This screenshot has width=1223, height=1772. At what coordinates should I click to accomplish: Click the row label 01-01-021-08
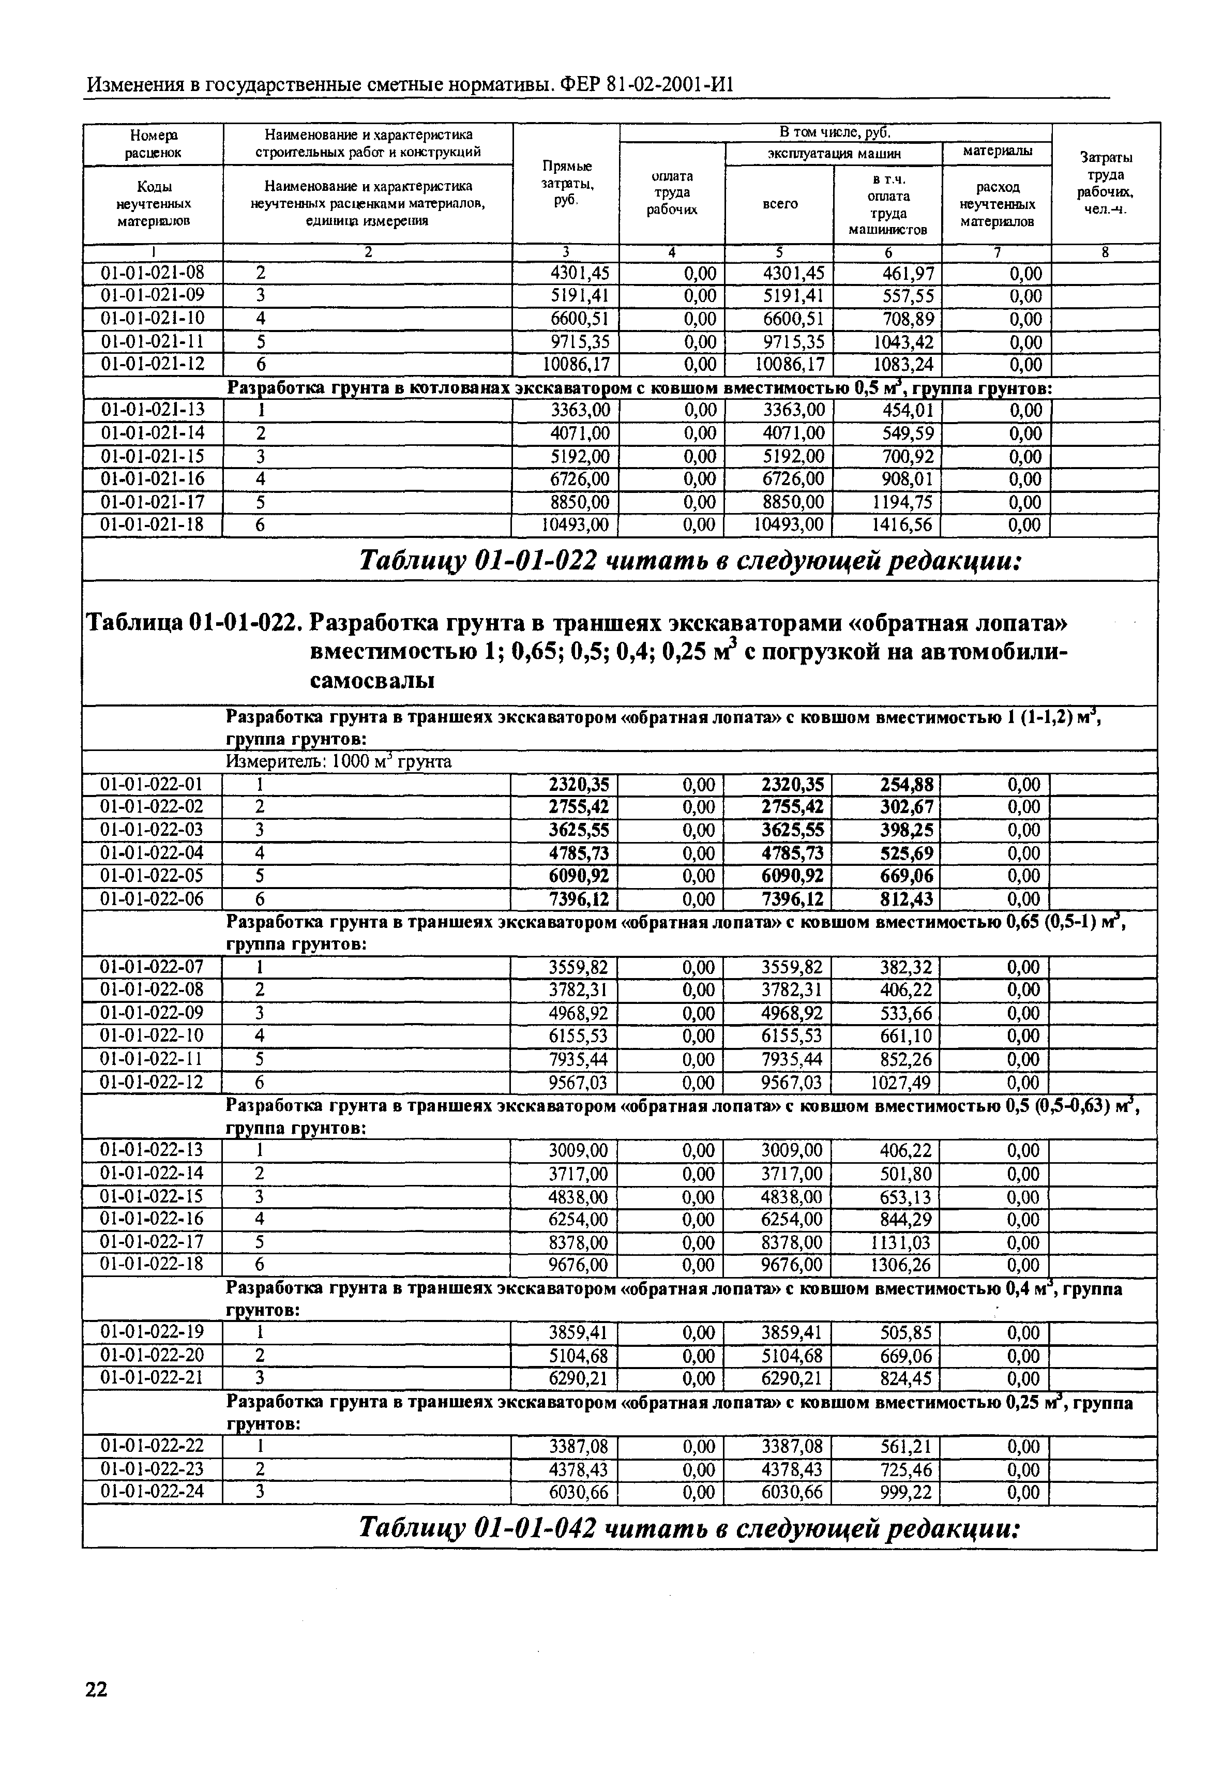pyautogui.click(x=153, y=273)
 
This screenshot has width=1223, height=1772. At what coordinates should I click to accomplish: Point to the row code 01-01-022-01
pyautogui.click(x=153, y=784)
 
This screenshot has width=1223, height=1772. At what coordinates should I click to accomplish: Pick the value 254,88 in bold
pyautogui.click(x=907, y=784)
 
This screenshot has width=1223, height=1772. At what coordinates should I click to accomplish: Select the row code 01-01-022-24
pyautogui.click(x=153, y=1492)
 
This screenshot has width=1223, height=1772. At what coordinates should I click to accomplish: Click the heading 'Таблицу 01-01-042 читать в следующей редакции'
pyautogui.click(x=690, y=1528)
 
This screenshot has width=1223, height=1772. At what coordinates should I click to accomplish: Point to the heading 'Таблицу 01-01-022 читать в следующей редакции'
pyautogui.click(x=690, y=562)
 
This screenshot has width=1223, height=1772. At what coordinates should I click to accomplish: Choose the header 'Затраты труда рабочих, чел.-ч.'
pyautogui.click(x=1106, y=184)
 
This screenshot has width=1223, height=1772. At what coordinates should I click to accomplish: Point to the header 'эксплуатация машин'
pyautogui.click(x=834, y=153)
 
